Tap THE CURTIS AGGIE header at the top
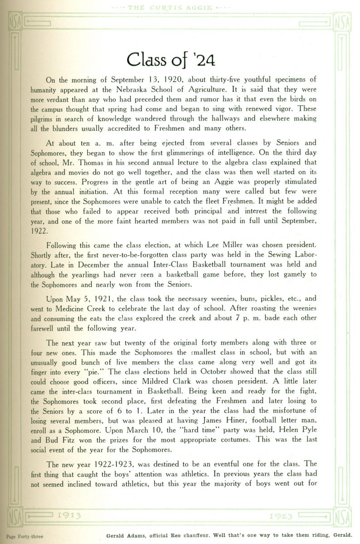[180, 8]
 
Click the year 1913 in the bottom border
[69, 516]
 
